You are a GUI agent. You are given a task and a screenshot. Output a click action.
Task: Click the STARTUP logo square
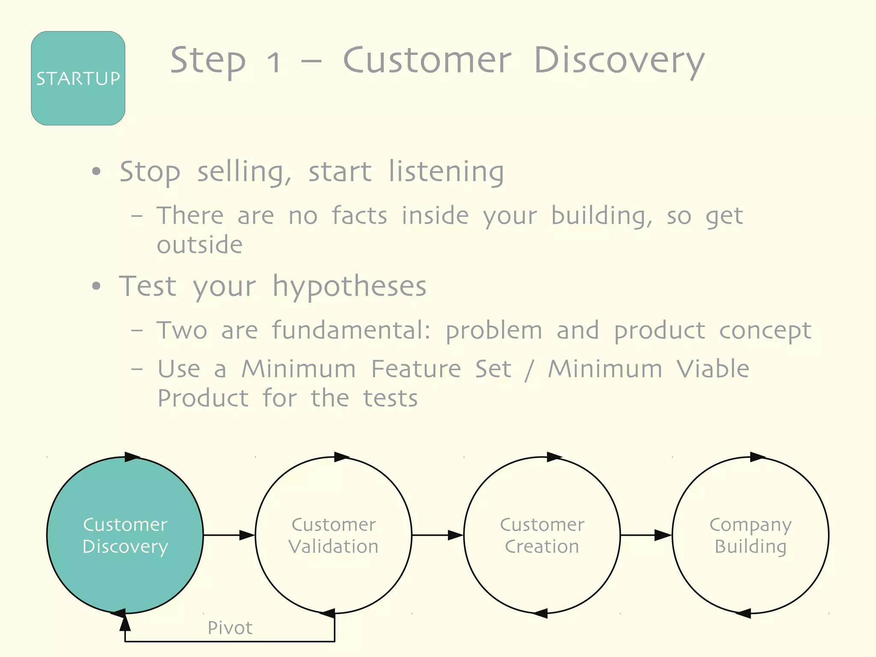click(78, 78)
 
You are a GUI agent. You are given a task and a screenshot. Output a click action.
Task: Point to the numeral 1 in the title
click(274, 62)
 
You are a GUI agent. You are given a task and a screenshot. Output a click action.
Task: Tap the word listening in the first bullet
click(446, 172)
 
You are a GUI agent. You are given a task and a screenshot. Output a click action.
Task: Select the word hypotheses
click(349, 287)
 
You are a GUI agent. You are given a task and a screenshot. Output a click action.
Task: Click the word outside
click(200, 245)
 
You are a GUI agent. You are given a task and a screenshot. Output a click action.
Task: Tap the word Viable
click(713, 369)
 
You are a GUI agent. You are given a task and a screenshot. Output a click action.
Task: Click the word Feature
click(416, 369)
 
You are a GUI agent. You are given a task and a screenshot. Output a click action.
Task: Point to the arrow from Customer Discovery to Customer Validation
click(229, 535)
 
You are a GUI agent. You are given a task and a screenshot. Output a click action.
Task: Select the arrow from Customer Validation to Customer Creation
click(438, 535)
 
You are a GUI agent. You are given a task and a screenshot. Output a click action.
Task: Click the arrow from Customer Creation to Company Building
click(646, 535)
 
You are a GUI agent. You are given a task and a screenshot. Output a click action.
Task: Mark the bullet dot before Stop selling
click(97, 172)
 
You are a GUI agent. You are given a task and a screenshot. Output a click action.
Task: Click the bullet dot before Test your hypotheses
click(97, 286)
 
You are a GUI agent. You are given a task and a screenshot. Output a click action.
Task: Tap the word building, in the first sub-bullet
click(601, 216)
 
